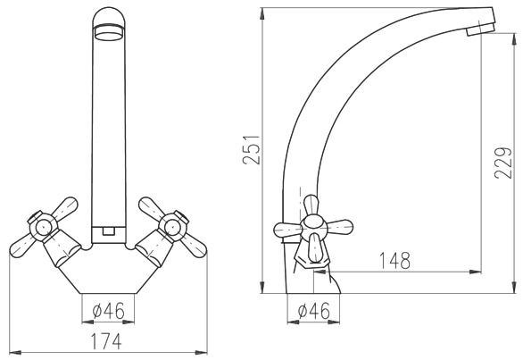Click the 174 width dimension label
[x=107, y=341]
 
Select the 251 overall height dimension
[x=251, y=150]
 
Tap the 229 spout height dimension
[x=502, y=163]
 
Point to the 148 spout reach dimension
[x=394, y=260]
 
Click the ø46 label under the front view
[x=108, y=310]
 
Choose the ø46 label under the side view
[x=313, y=311]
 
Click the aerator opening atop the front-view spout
[x=109, y=33]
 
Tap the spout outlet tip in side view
[x=480, y=29]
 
